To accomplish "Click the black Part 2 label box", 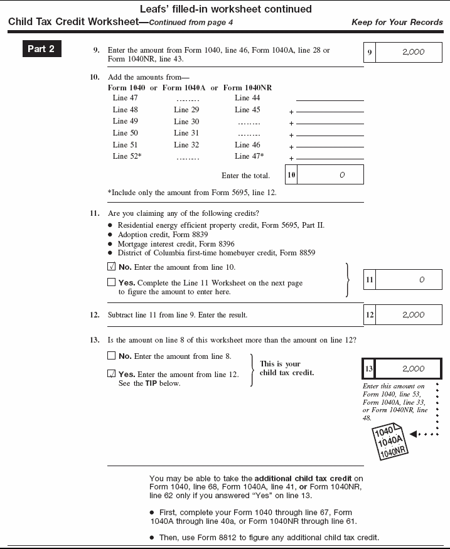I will (x=42, y=49).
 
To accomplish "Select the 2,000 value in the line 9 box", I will (x=412, y=53).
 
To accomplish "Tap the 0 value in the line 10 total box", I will (x=342, y=175).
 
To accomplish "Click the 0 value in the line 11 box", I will (x=422, y=280).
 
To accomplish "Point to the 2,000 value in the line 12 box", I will (x=412, y=315).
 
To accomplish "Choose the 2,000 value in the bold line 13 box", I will (x=412, y=369).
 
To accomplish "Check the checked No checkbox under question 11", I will (x=111, y=267).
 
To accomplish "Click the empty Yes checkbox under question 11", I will (x=111, y=283).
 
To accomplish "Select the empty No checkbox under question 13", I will (x=111, y=356).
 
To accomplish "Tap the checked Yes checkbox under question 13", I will (x=111, y=374).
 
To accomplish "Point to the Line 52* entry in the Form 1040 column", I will (x=127, y=156).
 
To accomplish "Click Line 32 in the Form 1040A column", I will (x=186, y=145).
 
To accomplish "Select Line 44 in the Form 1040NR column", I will (x=247, y=98).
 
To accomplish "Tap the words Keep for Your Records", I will (x=397, y=23).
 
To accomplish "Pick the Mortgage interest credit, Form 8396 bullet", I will (x=166, y=244).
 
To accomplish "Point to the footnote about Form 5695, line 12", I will (x=191, y=193).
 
